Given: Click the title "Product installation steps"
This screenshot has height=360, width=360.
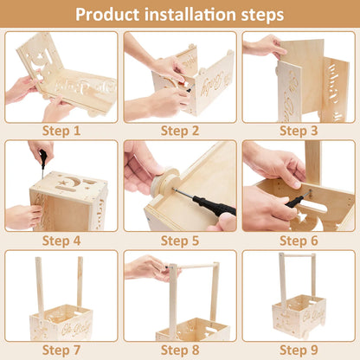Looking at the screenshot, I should pos(179,15).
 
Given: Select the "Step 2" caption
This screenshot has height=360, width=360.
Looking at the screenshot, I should pos(179,132).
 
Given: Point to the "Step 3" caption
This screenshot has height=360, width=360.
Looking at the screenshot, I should pos(299,132).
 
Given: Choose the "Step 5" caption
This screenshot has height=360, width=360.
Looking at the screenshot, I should pos(179,241).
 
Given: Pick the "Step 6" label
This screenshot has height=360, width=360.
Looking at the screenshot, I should pos(299,241).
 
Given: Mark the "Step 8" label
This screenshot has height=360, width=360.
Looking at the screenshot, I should pos(179,350).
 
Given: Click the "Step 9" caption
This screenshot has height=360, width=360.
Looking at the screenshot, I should pos(299,350).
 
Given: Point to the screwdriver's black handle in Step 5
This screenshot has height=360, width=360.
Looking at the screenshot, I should pos(212,208).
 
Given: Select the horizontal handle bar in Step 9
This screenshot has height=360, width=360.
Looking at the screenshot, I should pos(296,256).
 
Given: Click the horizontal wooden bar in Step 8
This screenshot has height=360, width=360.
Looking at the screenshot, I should pos(190,266).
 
